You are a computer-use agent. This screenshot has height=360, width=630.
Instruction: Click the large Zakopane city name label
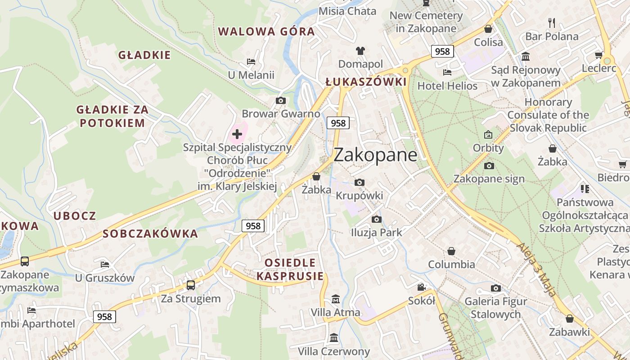[x=375, y=155]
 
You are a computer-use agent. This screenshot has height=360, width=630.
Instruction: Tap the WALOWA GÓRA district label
[x=266, y=31]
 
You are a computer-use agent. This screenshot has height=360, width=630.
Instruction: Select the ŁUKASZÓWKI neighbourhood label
[x=366, y=82]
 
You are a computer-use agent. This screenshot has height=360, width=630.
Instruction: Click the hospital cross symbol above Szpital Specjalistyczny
[x=237, y=134]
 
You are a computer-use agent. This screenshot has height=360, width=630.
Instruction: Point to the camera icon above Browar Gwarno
[x=281, y=100]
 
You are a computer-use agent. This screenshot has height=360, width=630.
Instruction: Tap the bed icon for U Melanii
[x=251, y=62]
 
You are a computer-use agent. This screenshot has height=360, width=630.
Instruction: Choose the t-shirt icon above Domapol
[x=360, y=50]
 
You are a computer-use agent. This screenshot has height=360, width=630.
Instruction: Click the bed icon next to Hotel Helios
[x=447, y=72]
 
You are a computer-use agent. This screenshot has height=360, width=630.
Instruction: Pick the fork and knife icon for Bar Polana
[x=552, y=22]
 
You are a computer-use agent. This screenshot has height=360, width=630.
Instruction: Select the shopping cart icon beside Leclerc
[x=598, y=55]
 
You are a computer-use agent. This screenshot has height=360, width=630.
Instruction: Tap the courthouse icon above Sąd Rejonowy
[x=526, y=56]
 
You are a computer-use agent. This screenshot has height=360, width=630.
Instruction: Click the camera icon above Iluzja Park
[x=377, y=219]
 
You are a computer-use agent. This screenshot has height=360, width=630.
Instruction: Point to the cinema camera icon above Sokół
[x=421, y=287]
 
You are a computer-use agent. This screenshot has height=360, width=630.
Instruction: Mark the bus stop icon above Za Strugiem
[x=191, y=285]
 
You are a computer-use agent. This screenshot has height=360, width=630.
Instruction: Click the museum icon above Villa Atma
[x=335, y=299]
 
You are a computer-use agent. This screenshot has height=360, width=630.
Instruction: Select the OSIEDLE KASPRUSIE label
[x=290, y=269]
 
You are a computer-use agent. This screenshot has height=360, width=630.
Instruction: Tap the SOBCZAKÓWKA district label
[x=150, y=234]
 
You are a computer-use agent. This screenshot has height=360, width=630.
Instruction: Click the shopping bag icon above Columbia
[x=451, y=251]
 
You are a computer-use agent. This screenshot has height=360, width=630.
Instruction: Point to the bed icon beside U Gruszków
[x=105, y=264]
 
